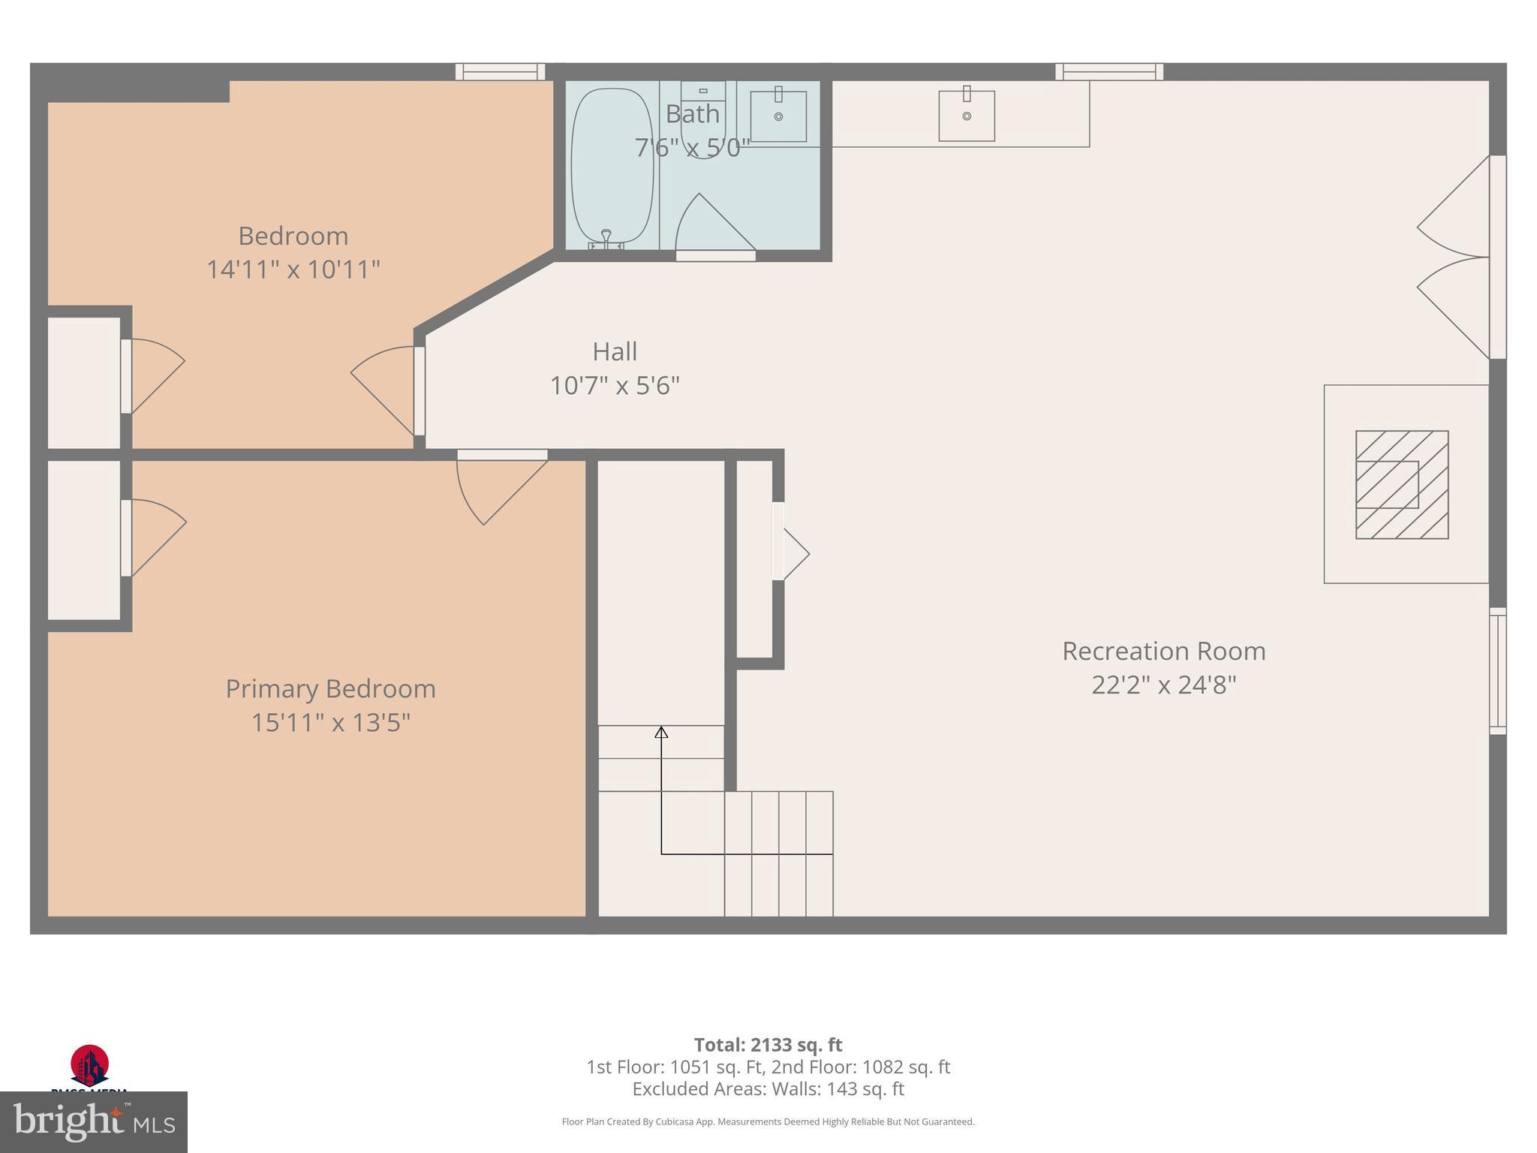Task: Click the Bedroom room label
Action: [x=293, y=236]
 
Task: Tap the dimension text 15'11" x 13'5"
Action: [x=330, y=723]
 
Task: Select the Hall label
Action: [x=615, y=351]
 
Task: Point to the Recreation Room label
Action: [x=1163, y=651]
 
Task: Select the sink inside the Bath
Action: [x=778, y=116]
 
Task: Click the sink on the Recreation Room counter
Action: [x=967, y=116]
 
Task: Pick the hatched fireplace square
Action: [x=1401, y=484]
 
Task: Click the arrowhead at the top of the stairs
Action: [x=661, y=732]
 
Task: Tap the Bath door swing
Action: [x=713, y=225]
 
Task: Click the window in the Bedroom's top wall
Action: [x=500, y=72]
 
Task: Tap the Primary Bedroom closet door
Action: [x=154, y=537]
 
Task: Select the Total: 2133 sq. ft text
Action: [x=768, y=1045]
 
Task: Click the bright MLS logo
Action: [x=94, y=1122]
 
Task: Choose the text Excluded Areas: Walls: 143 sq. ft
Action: [x=768, y=1089]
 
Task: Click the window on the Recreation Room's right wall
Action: [x=1497, y=670]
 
